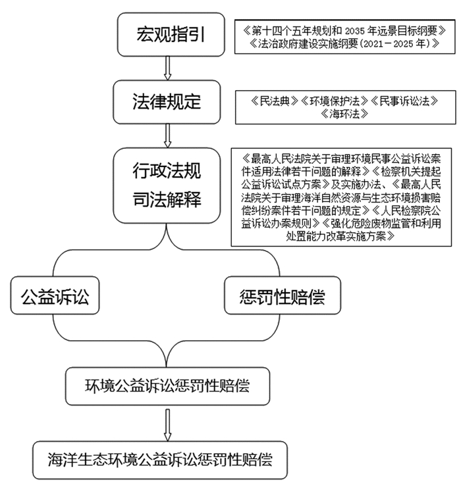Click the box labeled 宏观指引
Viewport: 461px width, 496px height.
167,34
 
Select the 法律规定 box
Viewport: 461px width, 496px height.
167,103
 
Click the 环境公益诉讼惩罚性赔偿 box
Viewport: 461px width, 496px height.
168,385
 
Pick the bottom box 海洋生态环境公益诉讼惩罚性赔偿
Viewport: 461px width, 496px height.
161,459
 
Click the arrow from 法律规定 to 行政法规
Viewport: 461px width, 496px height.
167,136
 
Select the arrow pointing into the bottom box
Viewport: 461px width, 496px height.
167,424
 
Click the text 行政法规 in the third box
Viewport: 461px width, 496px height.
167,172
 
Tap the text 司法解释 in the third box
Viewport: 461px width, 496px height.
167,198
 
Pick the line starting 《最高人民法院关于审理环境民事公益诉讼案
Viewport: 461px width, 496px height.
345,159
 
